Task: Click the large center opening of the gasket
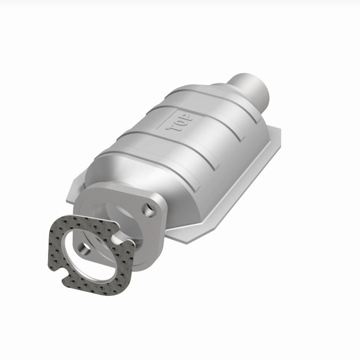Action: tap(95, 252)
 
